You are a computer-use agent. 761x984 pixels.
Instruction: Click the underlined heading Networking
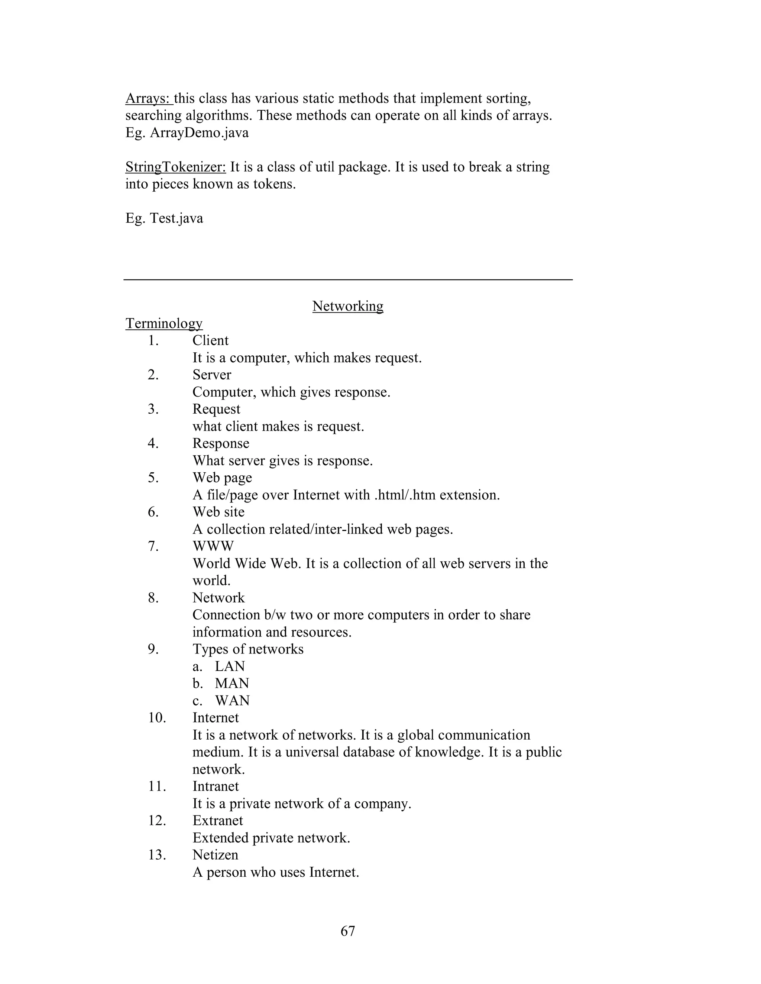click(347, 306)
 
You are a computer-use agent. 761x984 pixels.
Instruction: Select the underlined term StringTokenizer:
click(175, 167)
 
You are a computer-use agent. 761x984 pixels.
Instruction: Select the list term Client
click(211, 340)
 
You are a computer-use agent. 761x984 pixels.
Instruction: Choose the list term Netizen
click(215, 855)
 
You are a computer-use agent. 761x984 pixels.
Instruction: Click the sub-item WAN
click(232, 700)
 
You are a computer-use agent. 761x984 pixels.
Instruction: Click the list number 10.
click(156, 717)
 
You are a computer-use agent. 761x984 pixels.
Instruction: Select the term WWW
click(213, 546)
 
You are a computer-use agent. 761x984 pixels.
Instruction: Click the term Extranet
click(218, 821)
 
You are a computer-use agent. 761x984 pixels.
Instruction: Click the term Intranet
click(216, 786)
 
